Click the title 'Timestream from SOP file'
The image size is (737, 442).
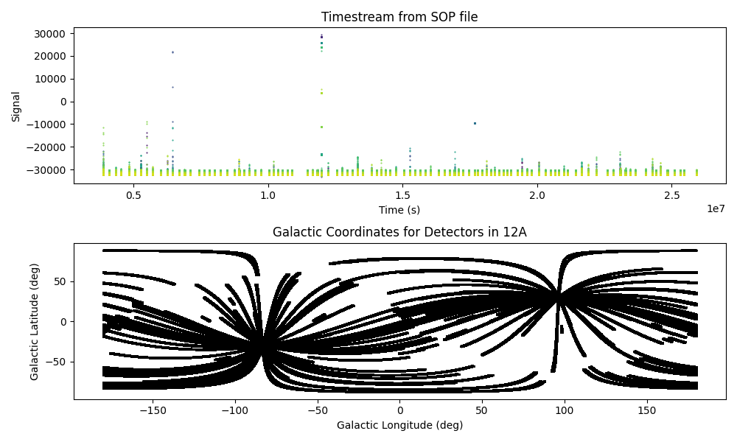click(x=399, y=17)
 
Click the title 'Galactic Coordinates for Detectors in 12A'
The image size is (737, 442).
click(x=399, y=232)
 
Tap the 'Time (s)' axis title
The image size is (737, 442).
click(x=399, y=210)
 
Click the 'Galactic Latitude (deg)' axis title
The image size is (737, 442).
click(x=35, y=321)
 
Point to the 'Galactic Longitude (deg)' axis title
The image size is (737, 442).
click(x=399, y=425)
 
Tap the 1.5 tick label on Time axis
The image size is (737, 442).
click(x=402, y=196)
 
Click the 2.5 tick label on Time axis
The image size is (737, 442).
click(x=671, y=196)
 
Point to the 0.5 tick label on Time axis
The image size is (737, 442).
click(x=133, y=196)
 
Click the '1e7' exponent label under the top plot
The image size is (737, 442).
click(x=716, y=209)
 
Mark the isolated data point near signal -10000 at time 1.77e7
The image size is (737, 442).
click(x=475, y=123)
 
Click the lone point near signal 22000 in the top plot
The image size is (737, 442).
click(x=172, y=52)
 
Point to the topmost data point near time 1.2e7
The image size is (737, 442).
click(x=321, y=35)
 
